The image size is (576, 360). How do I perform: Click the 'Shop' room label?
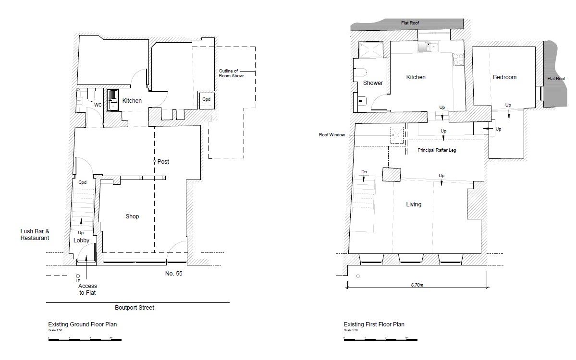[132, 216]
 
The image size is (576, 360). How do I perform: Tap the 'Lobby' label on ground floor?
[82, 240]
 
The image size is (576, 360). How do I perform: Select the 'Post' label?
[163, 162]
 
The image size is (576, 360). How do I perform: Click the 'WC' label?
[98, 105]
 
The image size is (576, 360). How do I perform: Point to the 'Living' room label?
[414, 204]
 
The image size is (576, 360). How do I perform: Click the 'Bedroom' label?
[504, 77]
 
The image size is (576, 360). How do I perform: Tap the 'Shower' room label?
[373, 83]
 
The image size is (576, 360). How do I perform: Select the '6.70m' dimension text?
[417, 285]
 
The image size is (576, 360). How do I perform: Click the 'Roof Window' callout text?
[332, 135]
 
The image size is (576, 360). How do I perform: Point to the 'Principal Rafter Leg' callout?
[437, 150]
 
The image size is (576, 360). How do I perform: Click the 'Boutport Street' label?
[135, 308]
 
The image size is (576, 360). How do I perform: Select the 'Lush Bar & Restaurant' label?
[35, 234]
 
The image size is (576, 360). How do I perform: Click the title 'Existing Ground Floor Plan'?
[82, 324]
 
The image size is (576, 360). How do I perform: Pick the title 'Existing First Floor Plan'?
[374, 324]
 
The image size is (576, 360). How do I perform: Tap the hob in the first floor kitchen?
[458, 60]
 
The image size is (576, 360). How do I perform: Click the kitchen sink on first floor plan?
[427, 47]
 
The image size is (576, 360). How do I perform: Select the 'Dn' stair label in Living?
[364, 171]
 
